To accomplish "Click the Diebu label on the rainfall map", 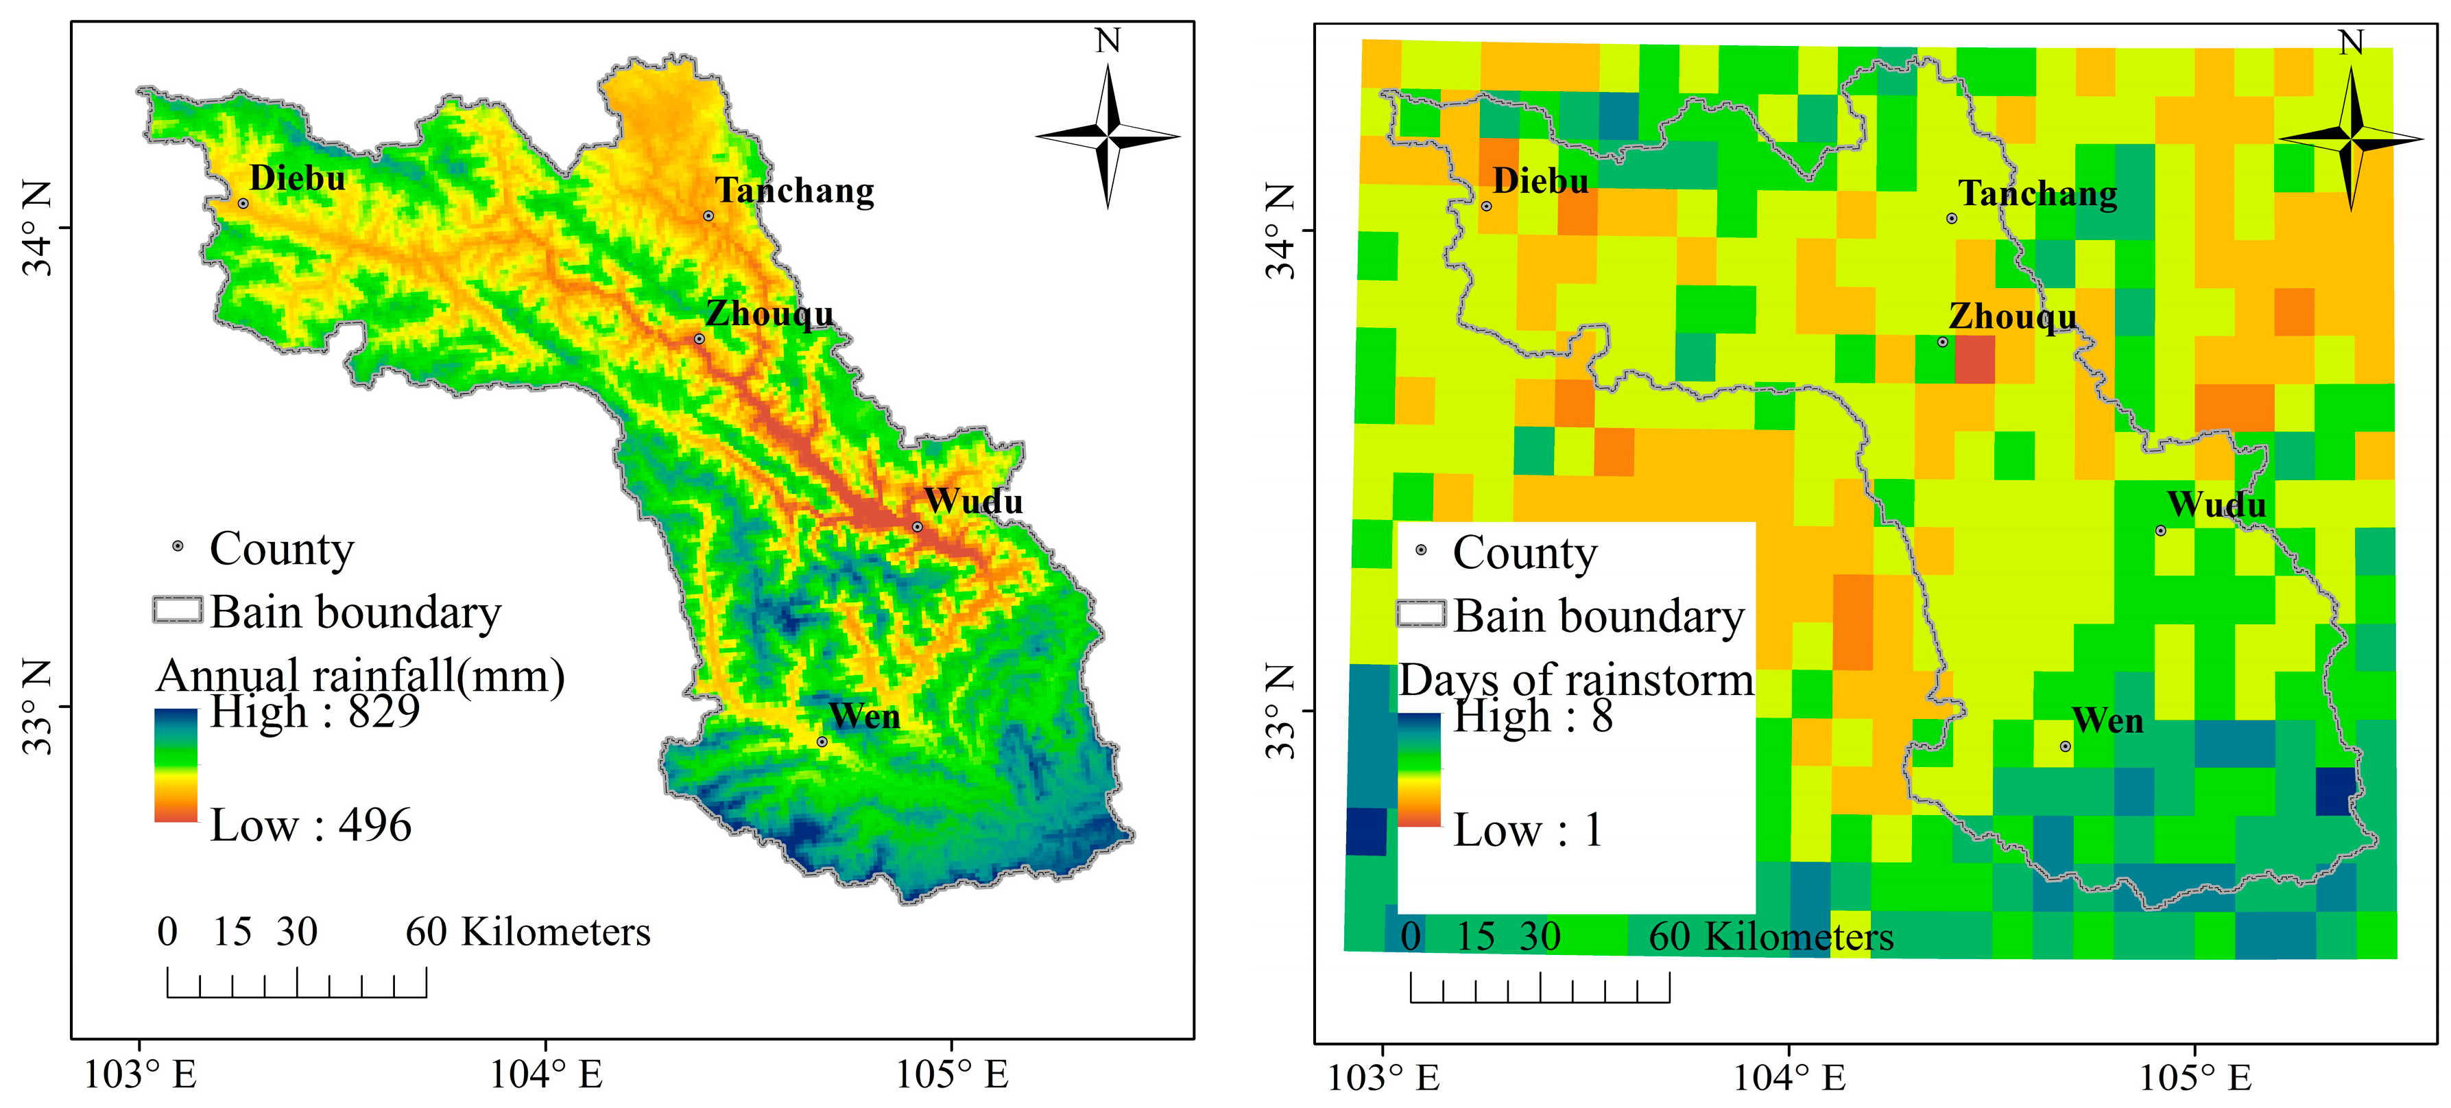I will click(297, 178).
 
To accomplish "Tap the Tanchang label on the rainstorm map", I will click(2037, 193).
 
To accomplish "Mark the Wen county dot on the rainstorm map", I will click(2066, 746).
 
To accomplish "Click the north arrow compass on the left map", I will click(1108, 136).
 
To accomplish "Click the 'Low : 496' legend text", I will click(310, 825).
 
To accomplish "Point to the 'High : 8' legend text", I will click(1533, 715).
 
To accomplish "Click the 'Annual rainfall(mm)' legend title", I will click(361, 676).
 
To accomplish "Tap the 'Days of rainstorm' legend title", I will click(1576, 680).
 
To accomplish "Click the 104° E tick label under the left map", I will click(546, 1074).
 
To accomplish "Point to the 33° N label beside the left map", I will click(38, 706).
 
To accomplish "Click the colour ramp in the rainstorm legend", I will click(1419, 769).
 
